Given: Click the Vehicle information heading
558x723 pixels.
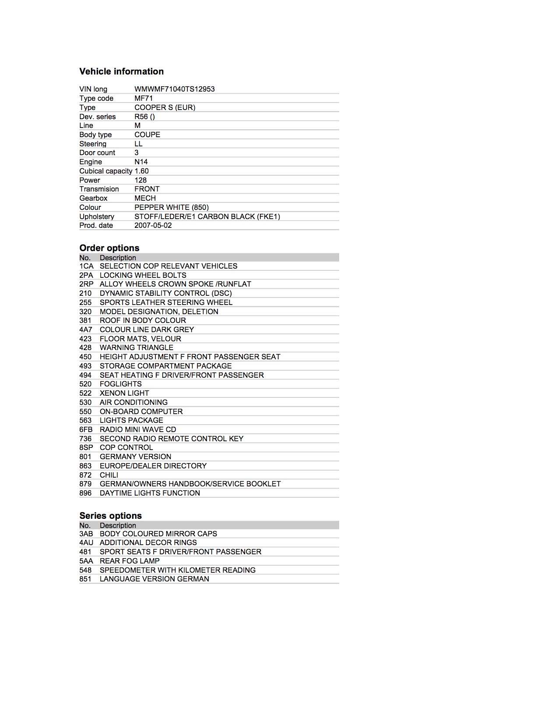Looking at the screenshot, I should tap(121, 71).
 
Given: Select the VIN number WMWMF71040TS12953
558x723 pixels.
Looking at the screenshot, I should tap(174, 89).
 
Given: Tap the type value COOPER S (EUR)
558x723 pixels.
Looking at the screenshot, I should tap(165, 107).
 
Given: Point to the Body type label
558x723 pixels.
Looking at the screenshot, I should tap(95, 135).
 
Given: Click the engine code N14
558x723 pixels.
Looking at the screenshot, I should tap(141, 162).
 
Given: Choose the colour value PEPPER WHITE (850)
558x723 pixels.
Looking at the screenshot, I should tap(171, 207).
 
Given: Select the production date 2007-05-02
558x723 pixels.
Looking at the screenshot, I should tap(153, 225).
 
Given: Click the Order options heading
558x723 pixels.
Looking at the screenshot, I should tap(109, 248).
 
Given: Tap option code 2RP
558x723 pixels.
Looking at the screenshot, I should tap(86, 284).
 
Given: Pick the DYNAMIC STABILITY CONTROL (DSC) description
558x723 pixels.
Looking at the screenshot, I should tap(165, 293).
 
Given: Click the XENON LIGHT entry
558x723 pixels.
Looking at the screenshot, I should tap(124, 393).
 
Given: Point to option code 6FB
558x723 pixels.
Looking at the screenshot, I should tap(86, 429).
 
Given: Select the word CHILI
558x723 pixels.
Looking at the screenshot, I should tap(109, 475).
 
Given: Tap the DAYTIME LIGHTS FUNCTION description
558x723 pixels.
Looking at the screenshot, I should tap(150, 493).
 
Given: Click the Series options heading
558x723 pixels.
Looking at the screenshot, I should tap(110, 516).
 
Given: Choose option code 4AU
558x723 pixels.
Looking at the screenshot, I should tap(86, 542).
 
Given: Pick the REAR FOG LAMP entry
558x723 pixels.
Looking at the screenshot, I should tap(130, 561).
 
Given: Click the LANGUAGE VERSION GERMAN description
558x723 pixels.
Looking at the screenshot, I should tap(154, 579).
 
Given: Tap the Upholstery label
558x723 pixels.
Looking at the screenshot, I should tap(97, 216).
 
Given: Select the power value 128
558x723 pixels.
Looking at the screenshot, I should tap(140, 180).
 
